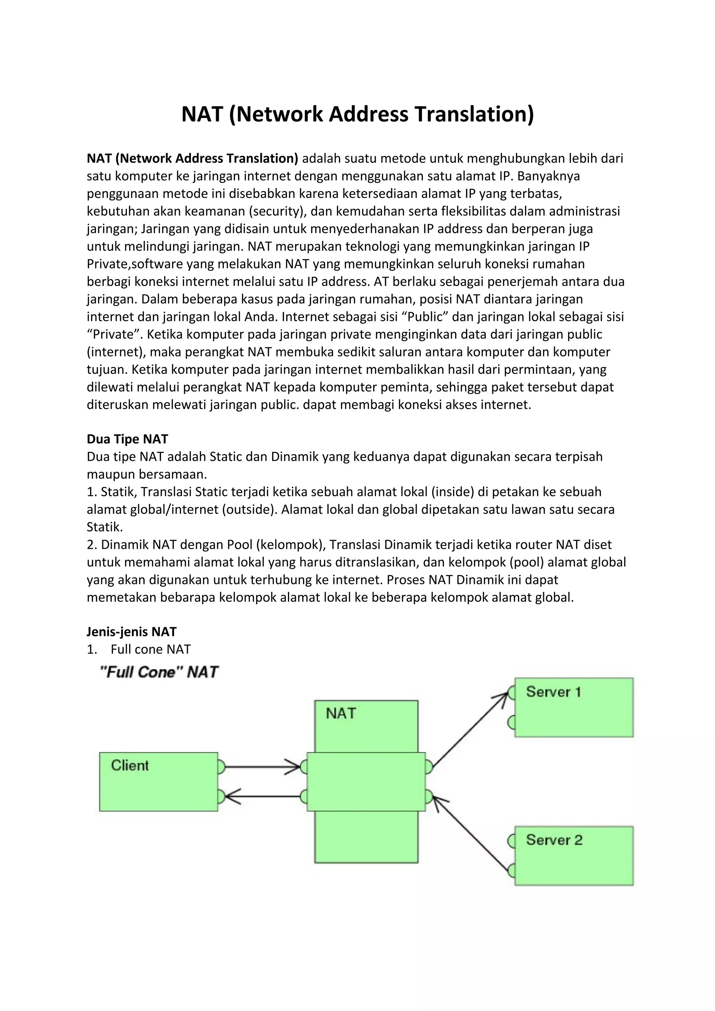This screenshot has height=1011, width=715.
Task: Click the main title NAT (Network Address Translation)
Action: (x=357, y=114)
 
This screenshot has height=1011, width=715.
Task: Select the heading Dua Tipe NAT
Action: (x=127, y=439)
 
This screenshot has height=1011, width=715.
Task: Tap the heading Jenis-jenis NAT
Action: (x=131, y=631)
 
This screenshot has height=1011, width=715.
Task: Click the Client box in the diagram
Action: (x=158, y=781)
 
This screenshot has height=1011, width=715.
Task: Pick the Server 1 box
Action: (x=574, y=707)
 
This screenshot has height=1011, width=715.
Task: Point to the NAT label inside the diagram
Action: (x=340, y=713)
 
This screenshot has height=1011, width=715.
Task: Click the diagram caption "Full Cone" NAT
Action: (x=159, y=672)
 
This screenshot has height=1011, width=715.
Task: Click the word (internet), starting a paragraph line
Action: (x=116, y=352)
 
